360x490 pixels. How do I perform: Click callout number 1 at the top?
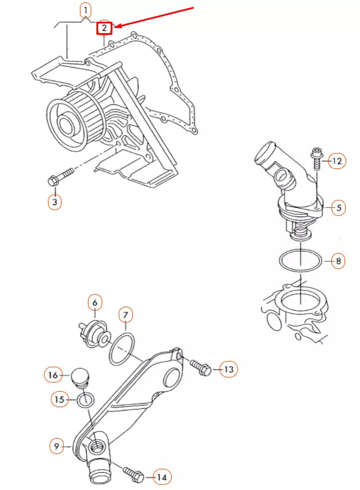(x=86, y=11)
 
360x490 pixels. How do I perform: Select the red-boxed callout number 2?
(x=104, y=28)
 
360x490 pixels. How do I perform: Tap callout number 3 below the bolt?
(x=55, y=202)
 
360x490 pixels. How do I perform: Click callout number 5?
(x=338, y=207)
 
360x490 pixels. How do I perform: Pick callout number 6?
(x=95, y=302)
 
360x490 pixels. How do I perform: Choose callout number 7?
(x=126, y=315)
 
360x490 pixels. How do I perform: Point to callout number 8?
(x=338, y=260)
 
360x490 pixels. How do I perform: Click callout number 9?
(x=56, y=446)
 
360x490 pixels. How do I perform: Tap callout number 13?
(x=229, y=369)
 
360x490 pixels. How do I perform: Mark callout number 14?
(x=161, y=477)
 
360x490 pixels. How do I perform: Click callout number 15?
(x=60, y=399)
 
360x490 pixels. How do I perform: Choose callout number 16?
(x=53, y=375)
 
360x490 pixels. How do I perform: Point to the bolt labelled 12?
(x=316, y=158)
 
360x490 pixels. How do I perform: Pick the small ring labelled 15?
(x=86, y=400)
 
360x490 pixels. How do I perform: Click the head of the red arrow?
(x=115, y=27)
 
